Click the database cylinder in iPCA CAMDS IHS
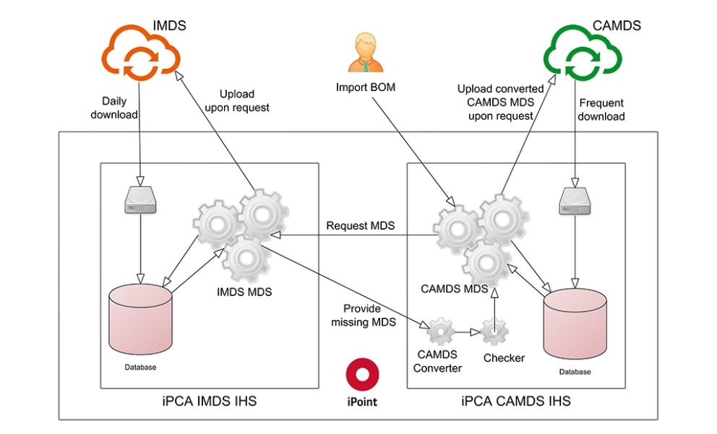[x=575, y=324]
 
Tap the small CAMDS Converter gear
[x=439, y=333]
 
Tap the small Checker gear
[x=494, y=332]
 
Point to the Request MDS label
[x=361, y=226]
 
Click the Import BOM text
[x=364, y=87]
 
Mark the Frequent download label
[x=601, y=110]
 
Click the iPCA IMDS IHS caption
[x=209, y=400]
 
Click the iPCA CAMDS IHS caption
[x=515, y=401]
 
